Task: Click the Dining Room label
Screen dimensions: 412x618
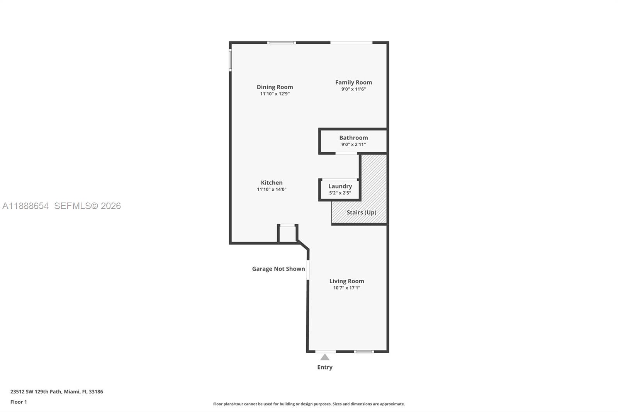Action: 275,87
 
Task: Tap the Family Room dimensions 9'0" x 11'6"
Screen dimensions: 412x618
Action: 353,89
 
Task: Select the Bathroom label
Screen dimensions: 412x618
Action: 353,138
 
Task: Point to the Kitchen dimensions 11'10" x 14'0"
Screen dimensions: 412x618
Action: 272,189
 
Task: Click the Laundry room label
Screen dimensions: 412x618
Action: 340,186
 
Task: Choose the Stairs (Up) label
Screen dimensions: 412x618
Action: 361,213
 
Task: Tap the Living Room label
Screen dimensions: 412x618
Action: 346,281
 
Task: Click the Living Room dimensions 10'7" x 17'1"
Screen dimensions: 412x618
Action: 346,288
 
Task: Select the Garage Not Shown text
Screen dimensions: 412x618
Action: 278,269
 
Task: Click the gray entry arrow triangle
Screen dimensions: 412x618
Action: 325,357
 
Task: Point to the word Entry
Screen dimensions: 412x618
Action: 325,367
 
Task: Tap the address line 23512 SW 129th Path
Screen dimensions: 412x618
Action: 56,392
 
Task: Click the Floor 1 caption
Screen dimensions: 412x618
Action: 19,402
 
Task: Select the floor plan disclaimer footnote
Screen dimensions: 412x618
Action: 309,404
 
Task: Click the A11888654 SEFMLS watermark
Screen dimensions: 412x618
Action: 61,206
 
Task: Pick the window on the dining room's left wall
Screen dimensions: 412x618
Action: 230,60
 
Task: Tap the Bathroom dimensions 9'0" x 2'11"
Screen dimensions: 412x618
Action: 353,145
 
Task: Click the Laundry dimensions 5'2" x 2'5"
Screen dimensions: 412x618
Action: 340,193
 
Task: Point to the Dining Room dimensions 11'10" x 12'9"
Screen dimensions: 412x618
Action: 275,94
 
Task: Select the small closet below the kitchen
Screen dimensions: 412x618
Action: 287,234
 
